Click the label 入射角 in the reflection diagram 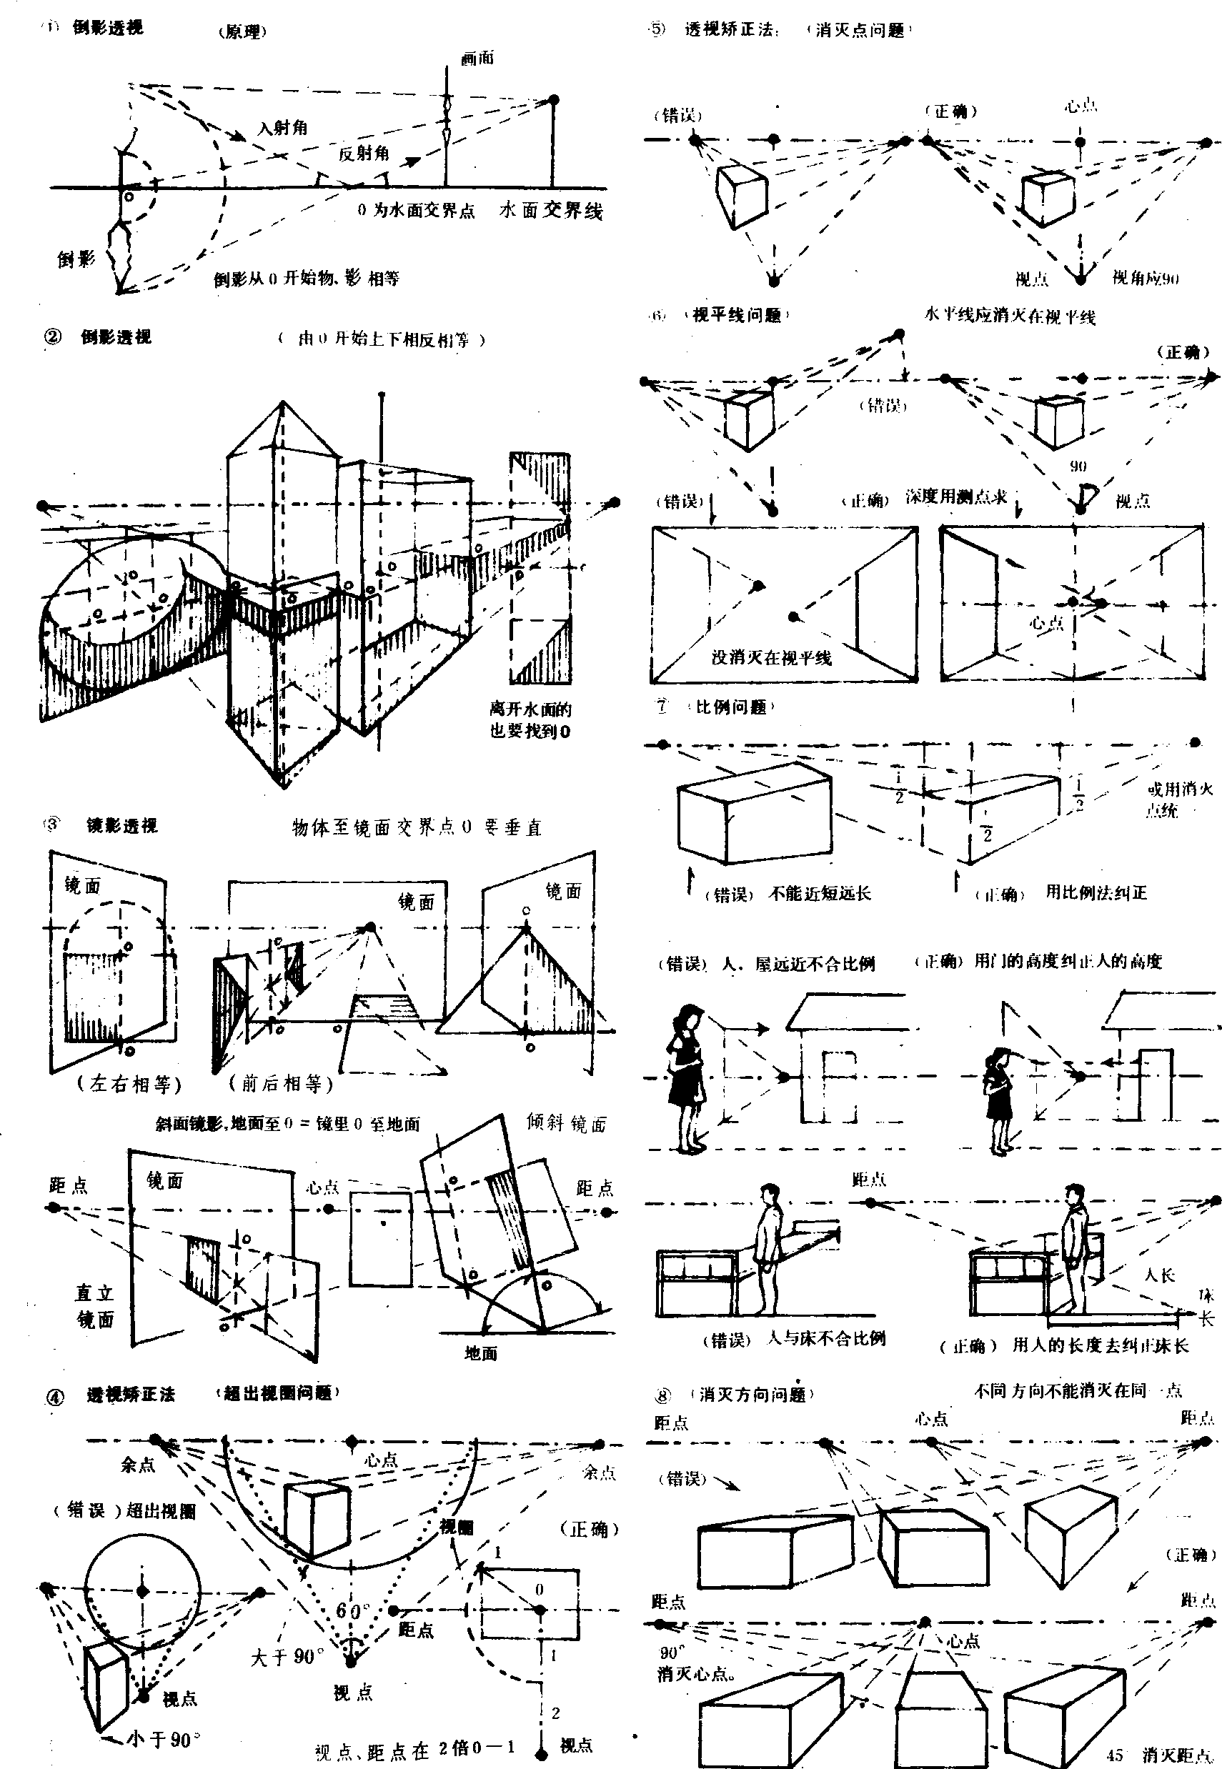click(x=282, y=128)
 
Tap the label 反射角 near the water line click(x=364, y=153)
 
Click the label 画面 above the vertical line click(x=478, y=58)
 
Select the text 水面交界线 click(x=550, y=211)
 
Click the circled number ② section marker click(x=53, y=337)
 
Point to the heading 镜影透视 click(x=121, y=825)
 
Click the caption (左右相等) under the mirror click(x=129, y=1083)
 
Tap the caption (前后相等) click(x=281, y=1083)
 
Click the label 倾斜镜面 click(x=566, y=1123)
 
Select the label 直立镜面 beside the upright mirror click(x=95, y=1306)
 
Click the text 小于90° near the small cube click(x=163, y=1740)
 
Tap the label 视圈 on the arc click(x=457, y=1527)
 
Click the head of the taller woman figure click(x=692, y=1019)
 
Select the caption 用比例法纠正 click(x=1096, y=892)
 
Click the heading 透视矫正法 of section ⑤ click(x=729, y=31)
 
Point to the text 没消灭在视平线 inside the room click(x=771, y=657)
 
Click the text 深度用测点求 click(x=956, y=497)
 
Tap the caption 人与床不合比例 click(x=826, y=1338)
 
